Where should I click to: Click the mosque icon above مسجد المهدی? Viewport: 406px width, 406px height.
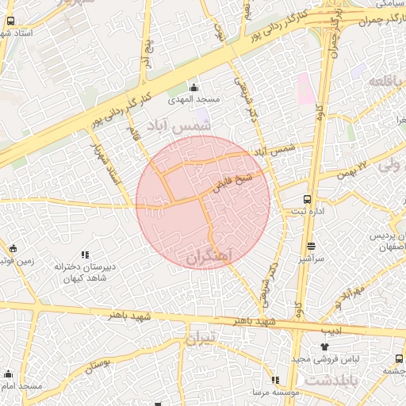point(194,87)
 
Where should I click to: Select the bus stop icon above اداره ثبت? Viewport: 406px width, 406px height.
point(307,200)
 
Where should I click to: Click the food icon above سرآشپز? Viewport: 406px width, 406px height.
point(310,246)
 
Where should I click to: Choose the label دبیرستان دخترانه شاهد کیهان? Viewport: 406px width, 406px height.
point(85,273)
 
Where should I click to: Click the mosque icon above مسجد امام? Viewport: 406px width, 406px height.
point(9,373)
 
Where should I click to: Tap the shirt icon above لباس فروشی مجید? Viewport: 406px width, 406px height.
point(324,347)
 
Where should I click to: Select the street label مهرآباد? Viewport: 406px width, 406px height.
point(346,299)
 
